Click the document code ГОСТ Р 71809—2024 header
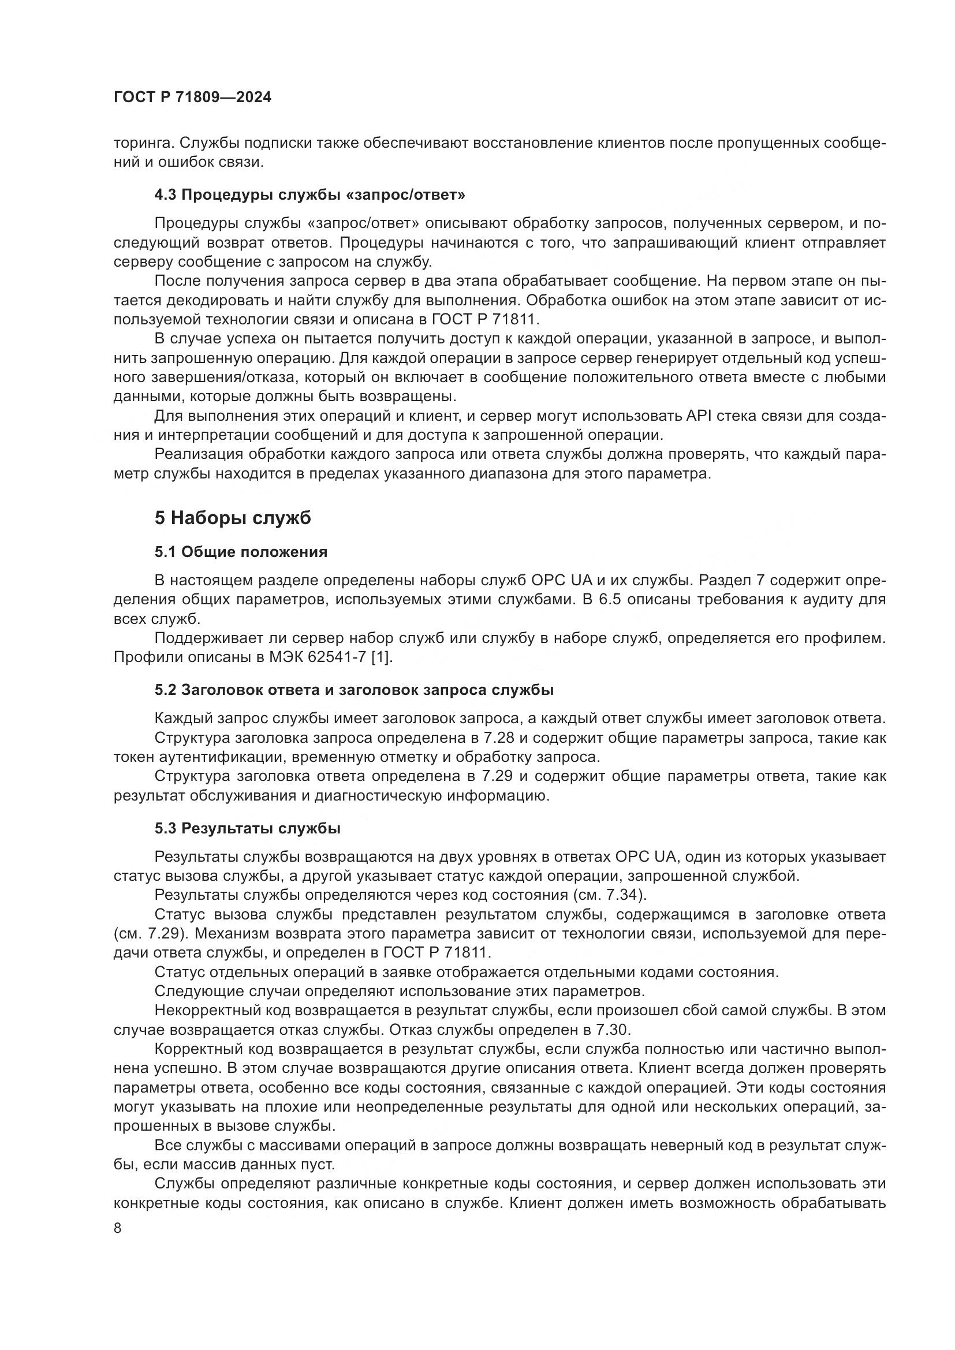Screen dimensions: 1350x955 192,98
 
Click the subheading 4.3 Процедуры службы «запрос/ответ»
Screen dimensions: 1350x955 310,195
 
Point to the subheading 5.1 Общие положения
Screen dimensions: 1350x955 241,552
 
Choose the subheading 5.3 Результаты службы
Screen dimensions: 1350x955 248,828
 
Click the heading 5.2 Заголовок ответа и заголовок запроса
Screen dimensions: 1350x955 354,690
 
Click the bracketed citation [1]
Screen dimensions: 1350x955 380,657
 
